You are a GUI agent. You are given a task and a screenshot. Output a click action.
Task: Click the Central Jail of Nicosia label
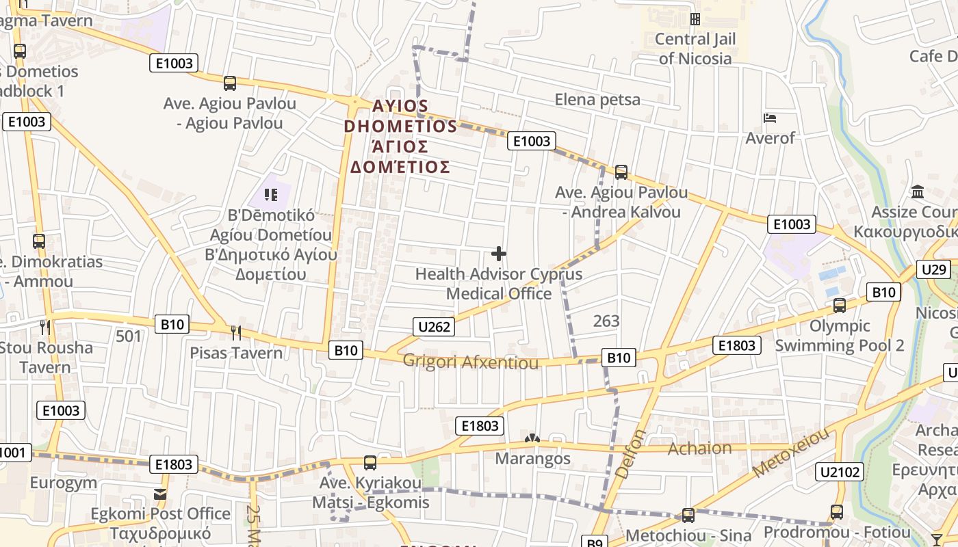click(x=695, y=49)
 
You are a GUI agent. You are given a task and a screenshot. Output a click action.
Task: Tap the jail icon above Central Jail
click(x=695, y=19)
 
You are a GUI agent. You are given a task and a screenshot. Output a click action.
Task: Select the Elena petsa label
click(x=597, y=100)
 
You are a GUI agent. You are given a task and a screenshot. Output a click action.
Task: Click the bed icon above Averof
click(x=770, y=118)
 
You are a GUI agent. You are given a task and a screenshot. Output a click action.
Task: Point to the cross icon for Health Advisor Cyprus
click(x=499, y=254)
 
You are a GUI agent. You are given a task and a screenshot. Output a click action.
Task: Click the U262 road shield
click(x=434, y=327)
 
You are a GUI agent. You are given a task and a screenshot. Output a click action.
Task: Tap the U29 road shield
click(x=934, y=269)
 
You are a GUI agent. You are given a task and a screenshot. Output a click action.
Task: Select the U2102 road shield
click(x=840, y=471)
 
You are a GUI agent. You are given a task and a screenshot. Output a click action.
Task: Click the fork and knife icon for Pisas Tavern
click(x=236, y=333)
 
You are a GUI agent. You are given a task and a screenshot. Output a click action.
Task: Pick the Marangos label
click(x=532, y=458)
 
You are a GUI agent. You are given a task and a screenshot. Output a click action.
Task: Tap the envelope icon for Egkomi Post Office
click(x=160, y=494)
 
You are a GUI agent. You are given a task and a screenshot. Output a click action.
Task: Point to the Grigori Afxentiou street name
click(x=471, y=362)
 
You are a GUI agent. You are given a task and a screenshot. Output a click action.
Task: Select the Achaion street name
click(x=699, y=448)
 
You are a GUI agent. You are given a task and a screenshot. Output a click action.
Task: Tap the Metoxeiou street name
click(x=791, y=452)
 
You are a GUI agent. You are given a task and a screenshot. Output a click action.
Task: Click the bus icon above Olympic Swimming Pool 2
click(x=840, y=306)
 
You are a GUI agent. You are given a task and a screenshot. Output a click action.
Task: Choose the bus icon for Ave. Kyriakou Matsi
click(x=370, y=463)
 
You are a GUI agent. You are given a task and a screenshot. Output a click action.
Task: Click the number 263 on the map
click(x=606, y=320)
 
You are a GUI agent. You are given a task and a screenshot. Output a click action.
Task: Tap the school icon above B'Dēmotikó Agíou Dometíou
click(x=271, y=195)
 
